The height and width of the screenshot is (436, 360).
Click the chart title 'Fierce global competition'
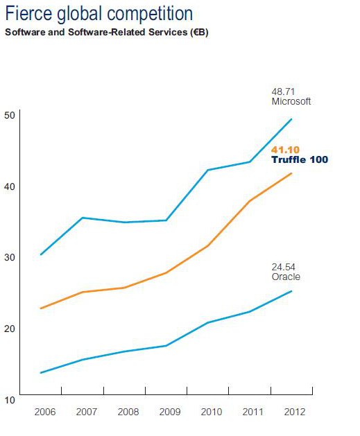coord(99,13)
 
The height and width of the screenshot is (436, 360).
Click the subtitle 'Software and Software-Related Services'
coord(106,33)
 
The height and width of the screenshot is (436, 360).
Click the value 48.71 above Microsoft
coord(283,91)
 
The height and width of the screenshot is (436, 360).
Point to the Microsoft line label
coord(291,101)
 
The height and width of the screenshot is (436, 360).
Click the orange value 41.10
coord(285,150)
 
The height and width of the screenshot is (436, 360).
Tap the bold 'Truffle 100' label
coord(299,159)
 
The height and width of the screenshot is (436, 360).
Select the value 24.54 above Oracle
coord(283,267)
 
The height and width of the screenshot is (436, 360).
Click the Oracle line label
coord(285,277)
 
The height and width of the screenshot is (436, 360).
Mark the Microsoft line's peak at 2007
coord(83,218)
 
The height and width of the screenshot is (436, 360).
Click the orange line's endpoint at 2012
coord(291,173)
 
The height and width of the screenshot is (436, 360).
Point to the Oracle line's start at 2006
coord(42,373)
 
